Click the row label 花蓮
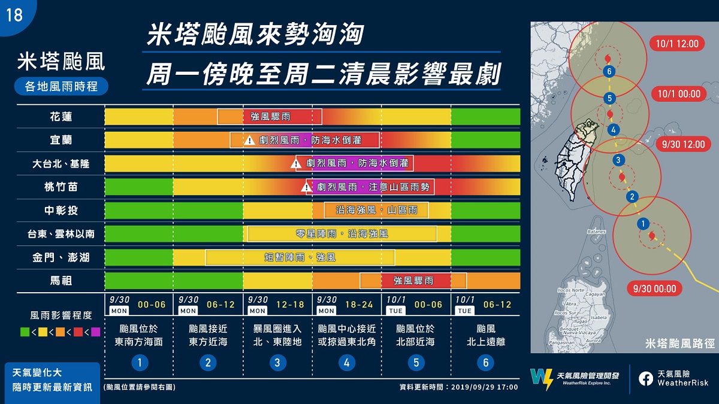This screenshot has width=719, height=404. pyautogui.click(x=61, y=116)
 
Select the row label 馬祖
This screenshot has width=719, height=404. pyautogui.click(x=61, y=280)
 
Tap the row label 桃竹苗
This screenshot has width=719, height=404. pyautogui.click(x=61, y=187)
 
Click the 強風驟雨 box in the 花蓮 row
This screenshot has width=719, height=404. pyautogui.click(x=270, y=116)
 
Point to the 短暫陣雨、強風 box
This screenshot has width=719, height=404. pyautogui.click(x=300, y=257)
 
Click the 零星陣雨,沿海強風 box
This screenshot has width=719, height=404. pyautogui.click(x=342, y=233)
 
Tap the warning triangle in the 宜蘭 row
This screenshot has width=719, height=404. pyautogui.click(x=249, y=140)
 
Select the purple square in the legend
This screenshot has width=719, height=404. pyautogui.click(x=96, y=331)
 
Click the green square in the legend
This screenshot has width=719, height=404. pyautogui.click(x=25, y=331)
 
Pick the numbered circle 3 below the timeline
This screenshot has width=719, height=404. pyautogui.click(x=277, y=362)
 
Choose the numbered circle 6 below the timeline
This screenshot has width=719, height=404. pyautogui.click(x=485, y=362)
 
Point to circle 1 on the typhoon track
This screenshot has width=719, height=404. pyautogui.click(x=643, y=224)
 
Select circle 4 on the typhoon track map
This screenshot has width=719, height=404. pyautogui.click(x=612, y=129)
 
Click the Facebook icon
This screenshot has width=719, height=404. pyautogui.click(x=645, y=378)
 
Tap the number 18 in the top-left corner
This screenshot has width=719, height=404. pyautogui.click(x=14, y=14)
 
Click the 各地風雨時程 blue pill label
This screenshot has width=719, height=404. pyautogui.click(x=62, y=86)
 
